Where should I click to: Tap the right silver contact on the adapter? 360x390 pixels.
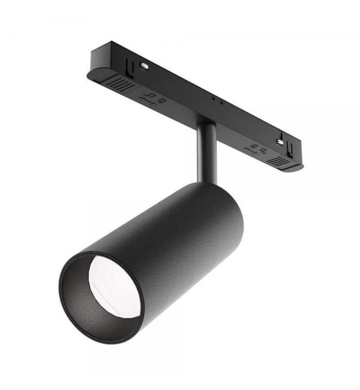point(280,142)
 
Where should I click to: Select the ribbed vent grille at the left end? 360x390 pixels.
point(120,85)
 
